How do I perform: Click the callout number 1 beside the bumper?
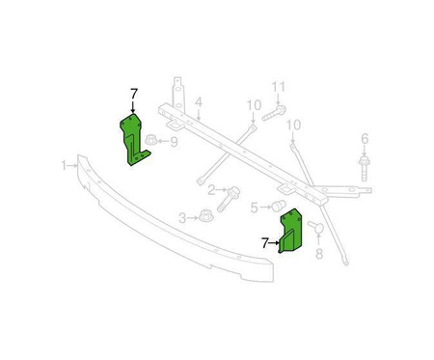pos(64,166)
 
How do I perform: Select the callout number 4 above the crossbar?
pos(199,102)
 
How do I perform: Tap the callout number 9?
pos(174,142)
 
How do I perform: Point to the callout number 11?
pos(279,87)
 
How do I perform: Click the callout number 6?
pos(365,139)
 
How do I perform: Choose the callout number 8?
pos(319,254)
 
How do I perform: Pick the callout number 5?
pos(255,208)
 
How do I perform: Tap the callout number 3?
pos(182,219)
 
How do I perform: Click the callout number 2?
pos(211,190)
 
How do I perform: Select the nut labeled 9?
pos(152,140)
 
